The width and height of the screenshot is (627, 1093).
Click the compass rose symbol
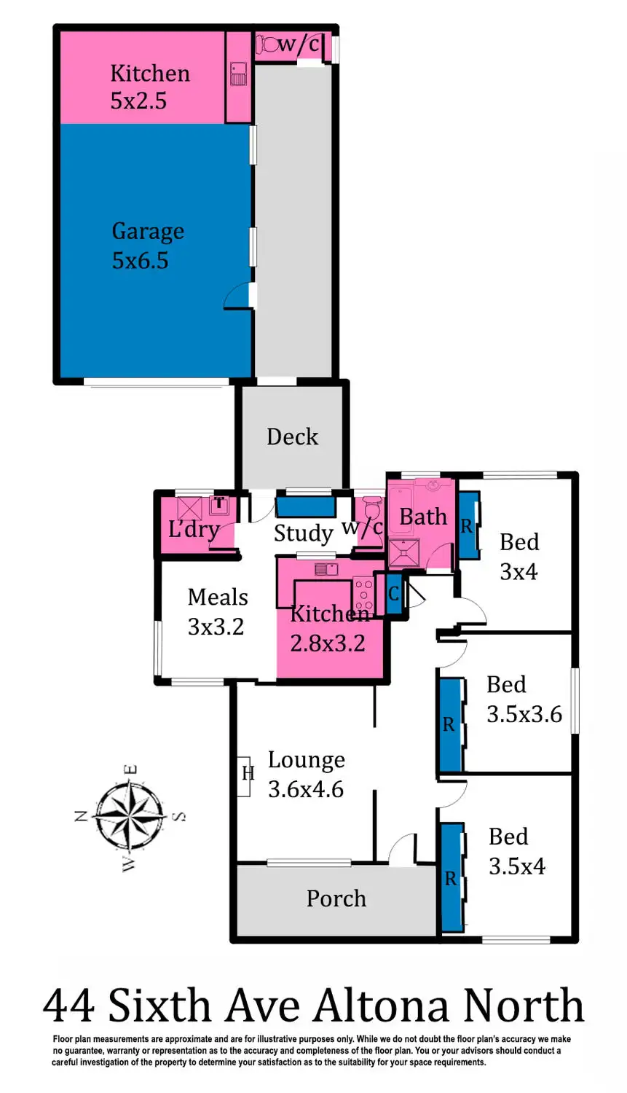point(130,816)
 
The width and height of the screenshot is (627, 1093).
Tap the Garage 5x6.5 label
point(147,246)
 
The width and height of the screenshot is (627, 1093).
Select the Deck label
point(292,436)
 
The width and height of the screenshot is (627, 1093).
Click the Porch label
point(336,898)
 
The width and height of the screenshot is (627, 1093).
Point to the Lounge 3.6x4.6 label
point(306,775)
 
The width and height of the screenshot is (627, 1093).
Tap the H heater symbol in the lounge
point(248,773)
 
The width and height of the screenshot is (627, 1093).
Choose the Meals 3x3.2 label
point(217,611)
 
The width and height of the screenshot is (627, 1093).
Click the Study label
point(303,533)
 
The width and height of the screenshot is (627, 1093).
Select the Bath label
point(422,517)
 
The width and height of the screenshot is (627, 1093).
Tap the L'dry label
point(193,528)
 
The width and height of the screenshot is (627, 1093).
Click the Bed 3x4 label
point(518,557)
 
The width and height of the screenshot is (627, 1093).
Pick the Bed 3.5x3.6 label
point(524,700)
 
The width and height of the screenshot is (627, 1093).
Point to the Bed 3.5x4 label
point(516,851)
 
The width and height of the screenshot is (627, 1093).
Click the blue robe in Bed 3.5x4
point(452,877)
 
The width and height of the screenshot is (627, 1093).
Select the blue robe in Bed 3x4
point(468,525)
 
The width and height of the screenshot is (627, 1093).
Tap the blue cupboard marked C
point(393,593)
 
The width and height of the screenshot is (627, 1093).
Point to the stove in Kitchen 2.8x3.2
point(363,594)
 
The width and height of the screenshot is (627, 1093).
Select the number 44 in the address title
point(68,1006)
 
